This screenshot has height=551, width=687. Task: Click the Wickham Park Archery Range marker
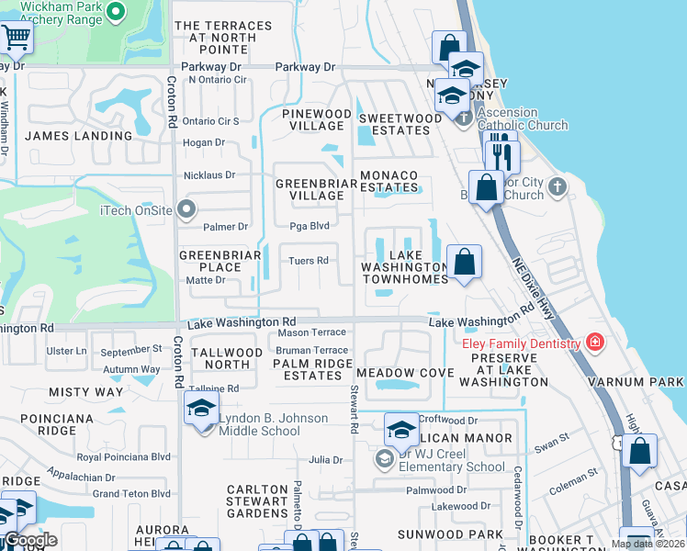[115, 12]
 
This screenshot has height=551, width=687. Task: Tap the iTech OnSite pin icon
[187, 208]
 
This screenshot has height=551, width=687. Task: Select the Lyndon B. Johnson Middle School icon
[201, 410]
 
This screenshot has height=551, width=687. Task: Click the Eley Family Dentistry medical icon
[596, 343]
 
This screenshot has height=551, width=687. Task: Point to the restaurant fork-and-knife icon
[501, 156]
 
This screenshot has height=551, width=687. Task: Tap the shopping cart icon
[16, 38]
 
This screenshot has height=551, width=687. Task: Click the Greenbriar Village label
[310, 189]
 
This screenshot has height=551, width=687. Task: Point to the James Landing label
[79, 136]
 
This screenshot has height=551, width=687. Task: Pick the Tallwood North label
[225, 358]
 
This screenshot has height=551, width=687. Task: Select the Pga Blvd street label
[310, 226]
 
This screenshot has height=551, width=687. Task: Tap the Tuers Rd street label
[309, 261]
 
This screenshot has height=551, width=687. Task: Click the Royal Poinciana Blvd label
[124, 456]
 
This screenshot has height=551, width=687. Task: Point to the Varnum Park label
[648, 382]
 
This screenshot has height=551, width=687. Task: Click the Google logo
[30, 541]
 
